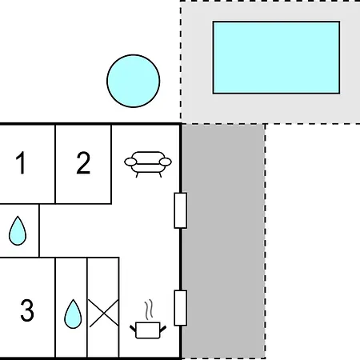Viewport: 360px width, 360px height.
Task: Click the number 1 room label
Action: click(x=21, y=162)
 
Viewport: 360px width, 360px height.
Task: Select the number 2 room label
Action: click(x=83, y=162)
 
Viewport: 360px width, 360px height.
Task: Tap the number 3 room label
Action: click(x=27, y=310)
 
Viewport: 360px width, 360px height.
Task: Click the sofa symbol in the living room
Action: click(x=148, y=164)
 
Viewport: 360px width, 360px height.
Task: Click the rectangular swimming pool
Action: click(x=276, y=58)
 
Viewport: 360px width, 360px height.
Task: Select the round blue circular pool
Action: click(x=134, y=81)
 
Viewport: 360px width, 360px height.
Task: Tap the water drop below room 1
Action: click(x=18, y=231)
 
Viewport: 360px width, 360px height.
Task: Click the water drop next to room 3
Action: click(x=73, y=314)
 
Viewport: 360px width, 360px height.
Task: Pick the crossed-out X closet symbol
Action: click(x=103, y=313)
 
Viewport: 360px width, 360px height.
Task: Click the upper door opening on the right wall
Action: click(x=181, y=210)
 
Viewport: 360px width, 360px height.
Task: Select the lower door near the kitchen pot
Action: click(x=181, y=308)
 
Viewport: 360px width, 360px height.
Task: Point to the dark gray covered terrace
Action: click(x=223, y=242)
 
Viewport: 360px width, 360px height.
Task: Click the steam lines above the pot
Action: click(x=149, y=309)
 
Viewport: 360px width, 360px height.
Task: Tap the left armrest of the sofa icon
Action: click(x=130, y=162)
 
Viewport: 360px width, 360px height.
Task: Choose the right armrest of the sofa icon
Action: click(x=166, y=162)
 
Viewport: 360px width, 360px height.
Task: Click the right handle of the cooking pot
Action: click(x=163, y=329)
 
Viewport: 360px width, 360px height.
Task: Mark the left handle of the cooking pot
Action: click(x=133, y=329)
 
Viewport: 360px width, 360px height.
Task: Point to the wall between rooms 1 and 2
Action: click(x=55, y=164)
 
